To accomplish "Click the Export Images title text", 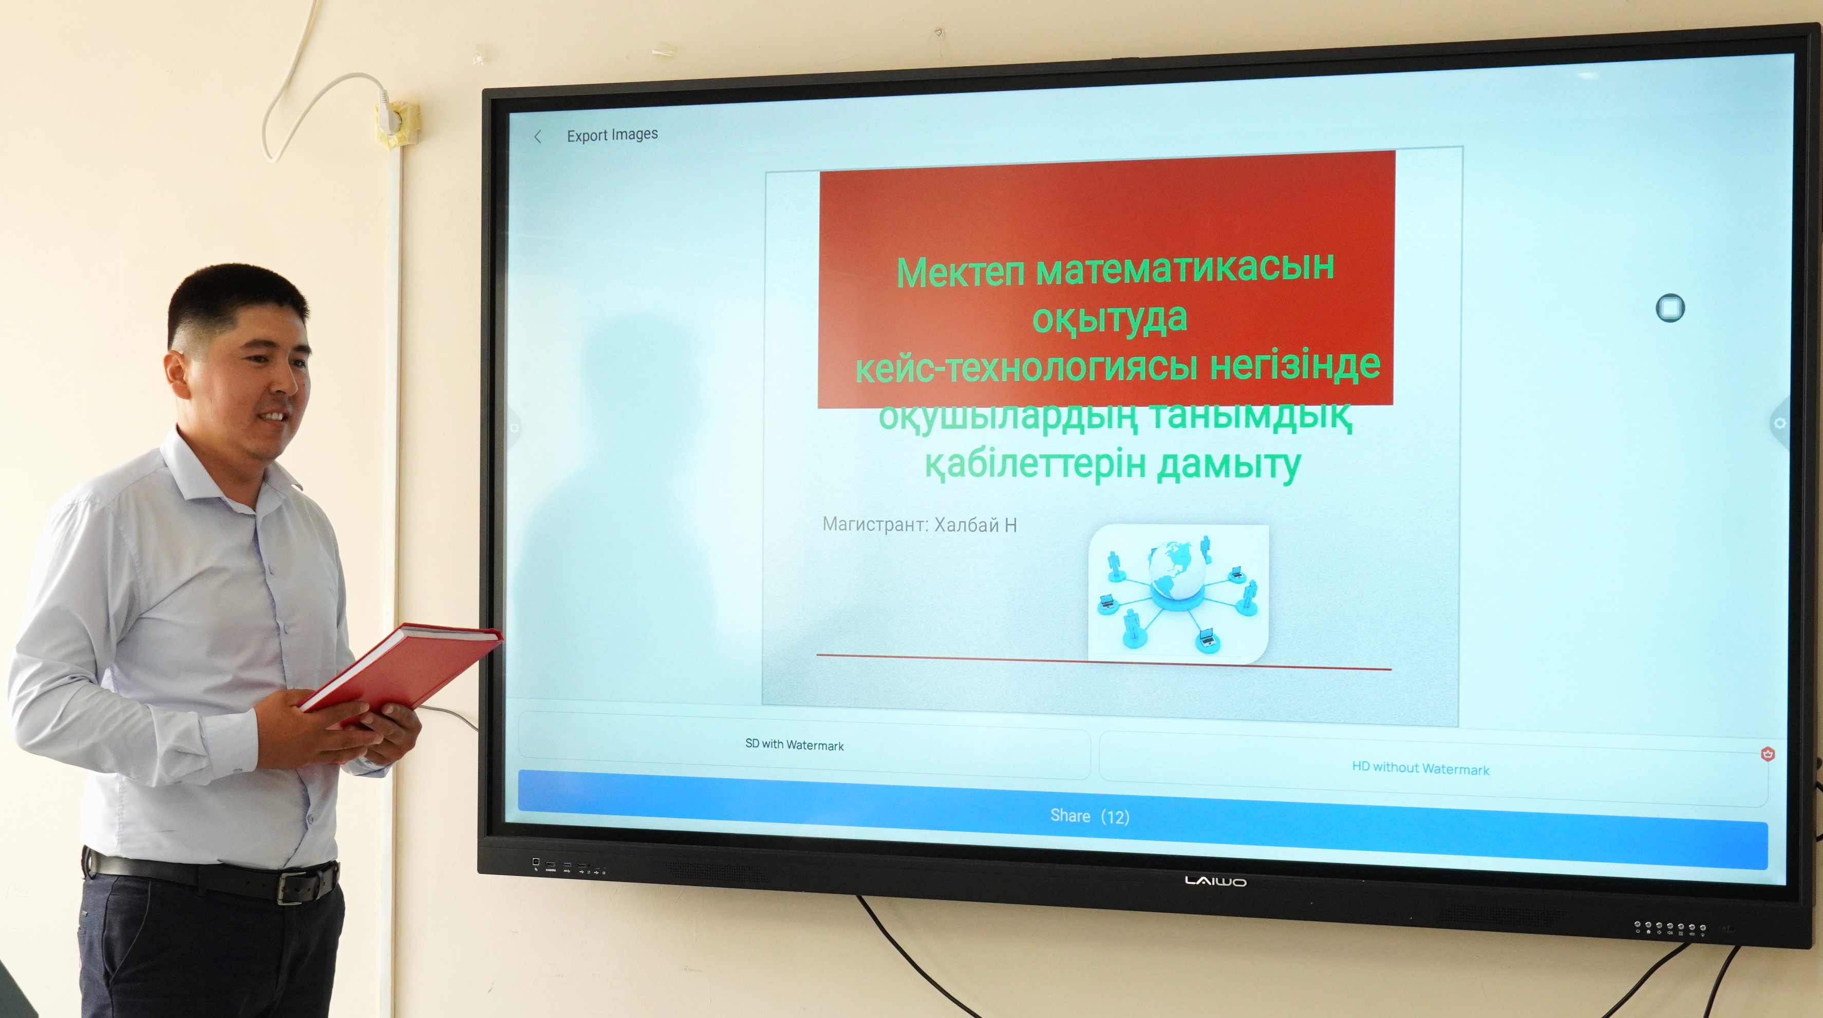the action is point(612,135).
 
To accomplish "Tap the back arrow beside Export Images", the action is point(538,137).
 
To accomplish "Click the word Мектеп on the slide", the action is point(961,273).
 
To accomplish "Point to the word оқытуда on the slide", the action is point(1110,318).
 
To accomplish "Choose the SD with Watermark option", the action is point(794,745).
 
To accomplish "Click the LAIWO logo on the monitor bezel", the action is point(1216,881).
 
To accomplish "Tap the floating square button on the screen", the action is point(1670,308).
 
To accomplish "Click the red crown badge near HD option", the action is point(1767,754).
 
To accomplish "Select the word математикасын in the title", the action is point(1186,269).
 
